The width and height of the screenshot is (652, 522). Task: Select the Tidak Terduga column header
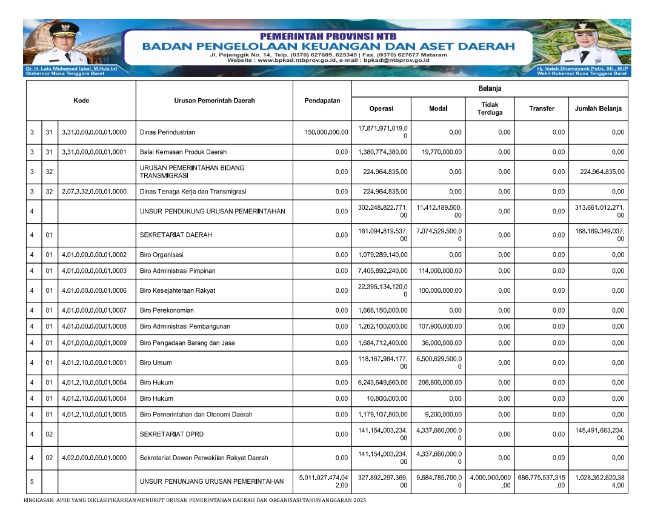pyautogui.click(x=489, y=109)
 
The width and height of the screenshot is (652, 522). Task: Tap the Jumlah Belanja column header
pyautogui.click(x=598, y=109)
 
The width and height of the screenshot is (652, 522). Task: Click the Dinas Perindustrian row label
pyautogui.click(x=167, y=132)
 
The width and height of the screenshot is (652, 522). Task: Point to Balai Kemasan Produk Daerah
pyautogui.click(x=183, y=152)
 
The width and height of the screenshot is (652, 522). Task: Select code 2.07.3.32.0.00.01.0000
pyautogui.click(x=94, y=192)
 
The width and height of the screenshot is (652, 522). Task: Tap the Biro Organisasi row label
pyautogui.click(x=161, y=255)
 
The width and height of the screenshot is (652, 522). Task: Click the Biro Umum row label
pyautogui.click(x=156, y=363)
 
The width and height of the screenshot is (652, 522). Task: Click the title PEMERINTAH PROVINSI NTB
pyautogui.click(x=327, y=36)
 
